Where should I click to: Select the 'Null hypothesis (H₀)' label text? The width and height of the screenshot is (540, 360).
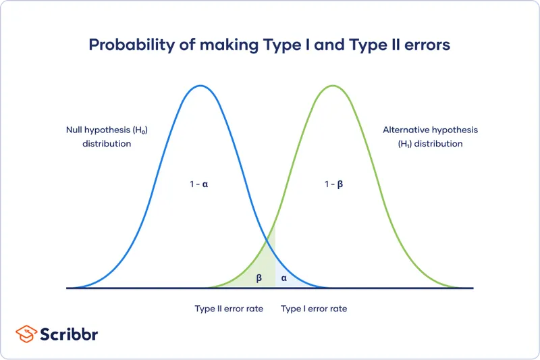point(106,130)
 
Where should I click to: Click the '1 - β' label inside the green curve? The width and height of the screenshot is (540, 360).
point(333,184)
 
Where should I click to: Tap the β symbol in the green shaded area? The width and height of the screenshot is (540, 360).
point(259,278)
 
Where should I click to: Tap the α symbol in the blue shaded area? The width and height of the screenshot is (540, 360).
point(283,278)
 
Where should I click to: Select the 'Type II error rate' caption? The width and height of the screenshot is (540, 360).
point(230,309)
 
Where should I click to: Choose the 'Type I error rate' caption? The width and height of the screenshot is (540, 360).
point(314,309)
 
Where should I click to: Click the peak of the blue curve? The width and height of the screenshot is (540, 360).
point(199,86)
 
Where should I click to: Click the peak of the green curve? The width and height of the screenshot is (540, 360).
point(332,86)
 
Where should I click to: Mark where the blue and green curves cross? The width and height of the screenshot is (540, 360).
point(266,238)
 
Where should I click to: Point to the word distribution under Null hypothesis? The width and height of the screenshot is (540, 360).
point(107,144)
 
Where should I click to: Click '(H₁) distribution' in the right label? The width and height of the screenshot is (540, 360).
point(424,144)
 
